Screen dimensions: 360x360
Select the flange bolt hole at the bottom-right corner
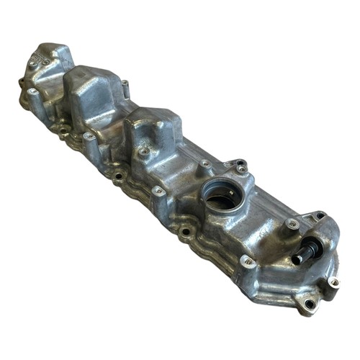(x=310, y=305)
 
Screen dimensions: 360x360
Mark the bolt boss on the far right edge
(x=333, y=282)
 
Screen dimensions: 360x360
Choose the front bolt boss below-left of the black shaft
(x=247, y=260)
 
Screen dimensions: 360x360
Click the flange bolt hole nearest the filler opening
(x=186, y=231)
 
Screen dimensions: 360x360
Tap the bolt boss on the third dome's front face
(x=144, y=152)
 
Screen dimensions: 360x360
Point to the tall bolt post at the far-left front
(x=32, y=91)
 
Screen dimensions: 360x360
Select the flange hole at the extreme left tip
(x=21, y=81)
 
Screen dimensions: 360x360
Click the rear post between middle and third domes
(x=124, y=86)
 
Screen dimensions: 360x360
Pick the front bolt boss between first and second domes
(x=88, y=136)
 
